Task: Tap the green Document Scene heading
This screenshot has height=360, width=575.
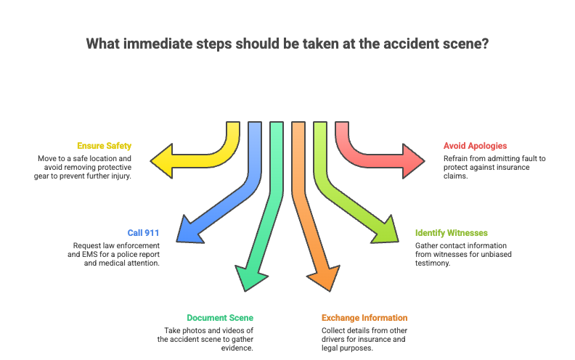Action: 220,318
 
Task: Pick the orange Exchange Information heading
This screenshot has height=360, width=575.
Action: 364,318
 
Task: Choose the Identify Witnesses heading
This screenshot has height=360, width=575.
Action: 451,233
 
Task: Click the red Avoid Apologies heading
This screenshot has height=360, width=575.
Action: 475,146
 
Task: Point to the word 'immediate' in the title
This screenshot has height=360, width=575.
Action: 158,44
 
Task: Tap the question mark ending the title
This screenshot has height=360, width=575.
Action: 484,44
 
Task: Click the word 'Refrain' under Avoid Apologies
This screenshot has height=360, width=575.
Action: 457,158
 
